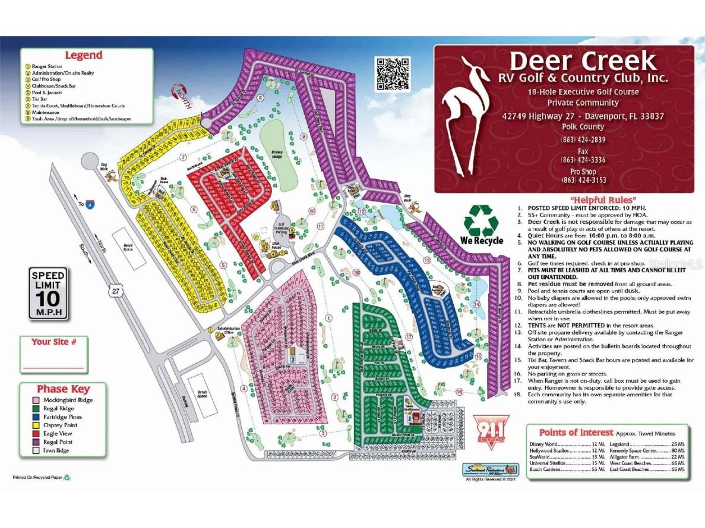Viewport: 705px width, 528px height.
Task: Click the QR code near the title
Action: tap(392, 74)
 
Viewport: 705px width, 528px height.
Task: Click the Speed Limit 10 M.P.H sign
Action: tap(48, 293)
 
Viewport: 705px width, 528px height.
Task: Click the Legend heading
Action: tap(84, 55)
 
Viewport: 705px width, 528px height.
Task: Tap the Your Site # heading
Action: tap(54, 342)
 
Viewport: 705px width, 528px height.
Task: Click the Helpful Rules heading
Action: tap(603, 200)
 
